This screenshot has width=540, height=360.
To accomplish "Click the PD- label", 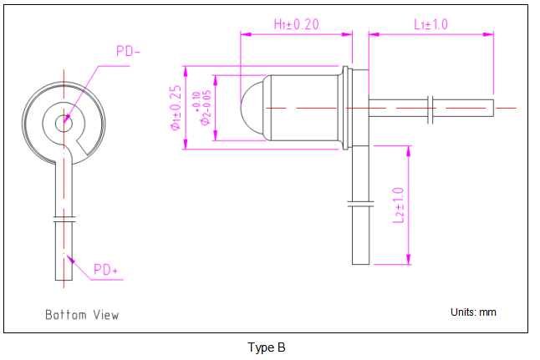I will coord(128,52).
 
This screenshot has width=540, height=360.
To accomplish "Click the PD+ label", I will coord(106,269).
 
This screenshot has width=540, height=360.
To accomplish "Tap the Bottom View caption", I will coord(82,315).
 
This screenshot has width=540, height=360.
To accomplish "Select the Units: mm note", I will coord(473,312).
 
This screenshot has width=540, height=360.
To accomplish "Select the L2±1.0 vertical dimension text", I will coord(399,205).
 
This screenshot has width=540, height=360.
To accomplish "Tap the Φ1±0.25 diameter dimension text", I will coord(176,108).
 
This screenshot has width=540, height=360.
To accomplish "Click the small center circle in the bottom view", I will coord(64,124).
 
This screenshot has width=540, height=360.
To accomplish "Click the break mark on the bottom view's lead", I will coord(64,218).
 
